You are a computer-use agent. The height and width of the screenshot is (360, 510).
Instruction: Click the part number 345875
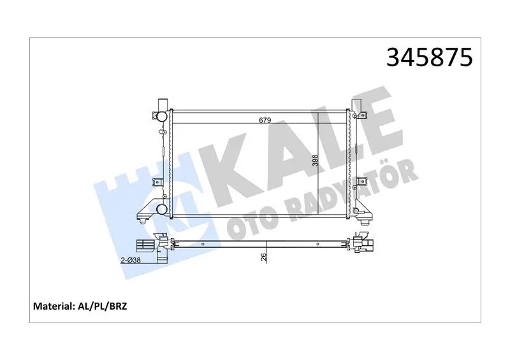click(x=429, y=57)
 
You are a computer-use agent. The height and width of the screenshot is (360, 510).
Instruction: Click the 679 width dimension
click(x=265, y=120)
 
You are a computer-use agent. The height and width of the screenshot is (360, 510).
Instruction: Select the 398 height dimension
click(x=315, y=161)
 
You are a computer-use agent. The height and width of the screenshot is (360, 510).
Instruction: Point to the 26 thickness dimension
click(x=263, y=257)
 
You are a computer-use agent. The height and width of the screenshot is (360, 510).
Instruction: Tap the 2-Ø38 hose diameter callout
click(x=131, y=260)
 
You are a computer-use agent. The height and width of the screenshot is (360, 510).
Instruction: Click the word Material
click(x=54, y=306)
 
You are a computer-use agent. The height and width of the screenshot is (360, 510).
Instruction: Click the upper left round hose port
click(x=162, y=116)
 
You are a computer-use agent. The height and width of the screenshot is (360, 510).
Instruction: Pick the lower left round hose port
click(x=162, y=209)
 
